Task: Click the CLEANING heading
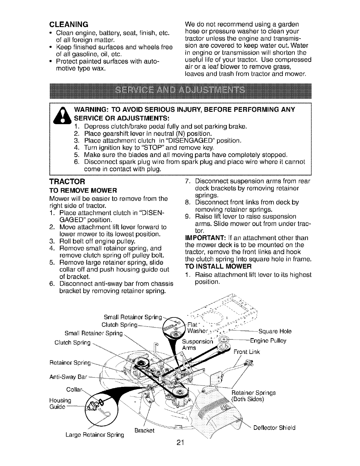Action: (x=69, y=24)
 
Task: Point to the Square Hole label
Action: (x=275, y=332)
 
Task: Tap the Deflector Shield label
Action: (x=274, y=428)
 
